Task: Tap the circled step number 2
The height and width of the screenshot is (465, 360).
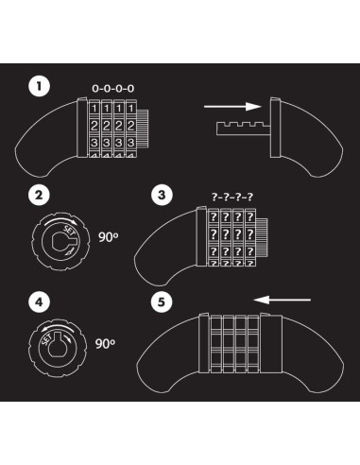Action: pyautogui.click(x=39, y=196)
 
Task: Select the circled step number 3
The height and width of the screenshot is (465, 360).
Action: pyautogui.click(x=163, y=196)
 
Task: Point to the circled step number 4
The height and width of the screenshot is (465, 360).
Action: pyautogui.click(x=39, y=304)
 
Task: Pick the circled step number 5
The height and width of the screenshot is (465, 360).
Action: pyautogui.click(x=163, y=304)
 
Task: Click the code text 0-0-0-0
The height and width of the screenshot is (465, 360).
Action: pyautogui.click(x=112, y=88)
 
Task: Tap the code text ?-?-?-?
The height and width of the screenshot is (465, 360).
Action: pyautogui.click(x=232, y=196)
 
